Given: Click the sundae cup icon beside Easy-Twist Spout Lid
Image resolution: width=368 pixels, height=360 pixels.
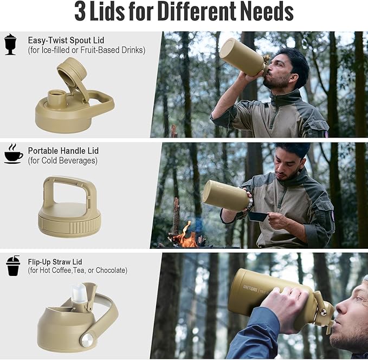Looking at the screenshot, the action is (x=10, y=44).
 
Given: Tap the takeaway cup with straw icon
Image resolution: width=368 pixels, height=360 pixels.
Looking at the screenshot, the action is (x=13, y=265).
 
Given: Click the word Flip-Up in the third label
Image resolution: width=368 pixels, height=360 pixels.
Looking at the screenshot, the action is (x=39, y=262).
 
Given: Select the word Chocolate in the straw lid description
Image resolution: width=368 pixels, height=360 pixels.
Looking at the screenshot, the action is (x=112, y=271).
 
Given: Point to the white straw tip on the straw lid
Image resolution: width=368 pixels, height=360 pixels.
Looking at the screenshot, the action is (x=79, y=292).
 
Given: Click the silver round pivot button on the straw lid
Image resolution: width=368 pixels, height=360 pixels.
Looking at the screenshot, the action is (x=87, y=340).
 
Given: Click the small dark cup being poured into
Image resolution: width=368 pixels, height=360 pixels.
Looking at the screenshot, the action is (x=257, y=216).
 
